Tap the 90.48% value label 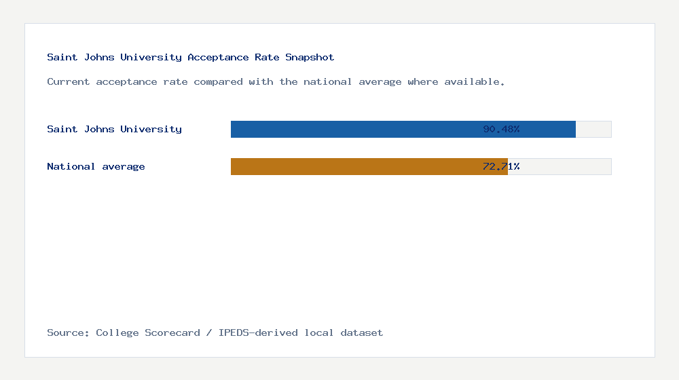coord(501,129)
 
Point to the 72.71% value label coord(501,166)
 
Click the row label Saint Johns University coord(114,129)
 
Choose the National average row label coord(96,166)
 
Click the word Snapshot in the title coord(310,57)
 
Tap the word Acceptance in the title coord(218,57)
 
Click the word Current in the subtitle coord(69,81)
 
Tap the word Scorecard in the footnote coord(172,332)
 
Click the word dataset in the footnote coord(362,332)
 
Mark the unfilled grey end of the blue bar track coord(593,129)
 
